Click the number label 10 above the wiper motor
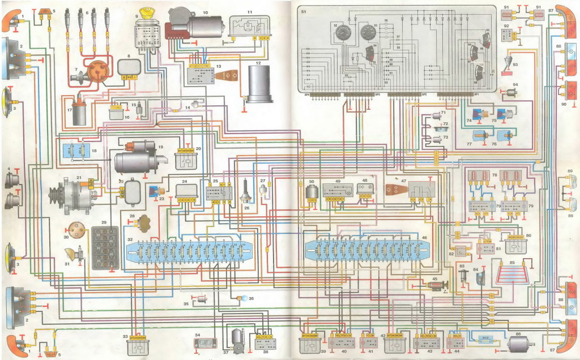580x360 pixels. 205,12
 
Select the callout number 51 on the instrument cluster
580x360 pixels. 303,11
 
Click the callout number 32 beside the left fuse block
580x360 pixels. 130,240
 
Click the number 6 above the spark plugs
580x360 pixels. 87,11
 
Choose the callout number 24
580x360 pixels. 185,182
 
